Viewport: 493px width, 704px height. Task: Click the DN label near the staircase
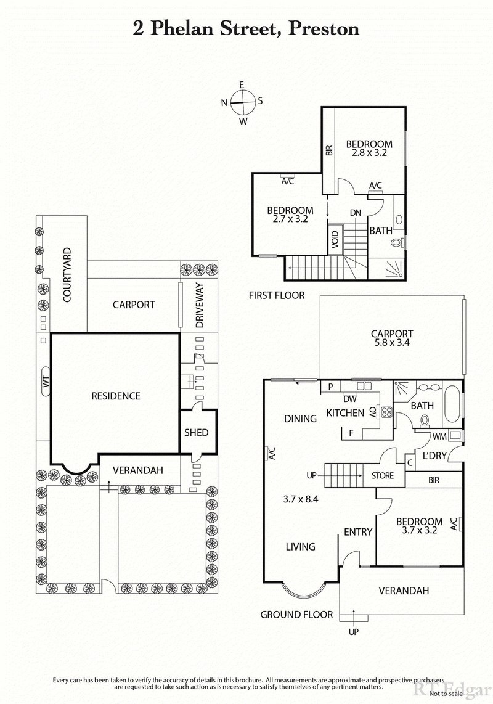click(x=355, y=212)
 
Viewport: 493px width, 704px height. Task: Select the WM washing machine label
click(x=439, y=436)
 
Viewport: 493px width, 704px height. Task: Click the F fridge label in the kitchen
click(x=351, y=433)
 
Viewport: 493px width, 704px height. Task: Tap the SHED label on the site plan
click(x=197, y=433)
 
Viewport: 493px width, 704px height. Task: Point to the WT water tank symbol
click(x=45, y=383)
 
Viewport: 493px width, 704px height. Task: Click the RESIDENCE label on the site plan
click(x=116, y=396)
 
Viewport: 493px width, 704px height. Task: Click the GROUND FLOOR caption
click(x=296, y=614)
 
